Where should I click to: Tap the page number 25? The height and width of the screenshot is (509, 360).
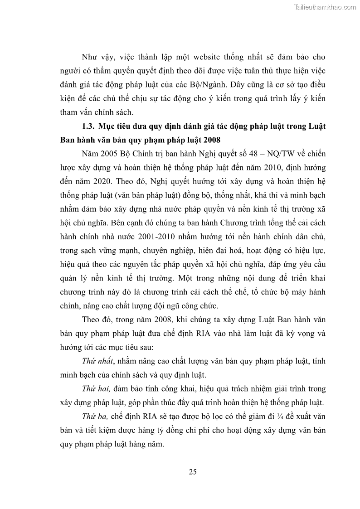(x=193, y=472)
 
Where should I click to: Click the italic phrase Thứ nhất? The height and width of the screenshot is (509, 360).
(x=96, y=361)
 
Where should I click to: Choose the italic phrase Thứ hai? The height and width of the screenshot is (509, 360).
(x=94, y=389)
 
